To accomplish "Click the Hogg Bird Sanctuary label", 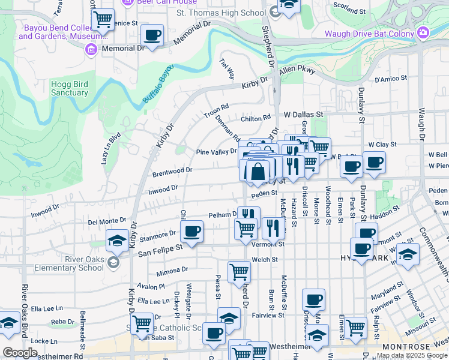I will point(70,88).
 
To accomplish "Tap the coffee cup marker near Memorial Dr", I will point(153,35).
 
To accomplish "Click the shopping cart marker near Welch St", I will point(240,272).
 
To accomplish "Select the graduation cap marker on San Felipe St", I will point(117,241).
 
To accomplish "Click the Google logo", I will point(20,352).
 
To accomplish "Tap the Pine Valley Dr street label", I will point(217,152).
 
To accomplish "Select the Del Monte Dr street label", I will point(107,221).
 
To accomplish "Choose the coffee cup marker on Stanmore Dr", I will point(191,231).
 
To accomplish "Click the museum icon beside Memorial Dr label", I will point(91,49).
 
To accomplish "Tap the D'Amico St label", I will point(391,78).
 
